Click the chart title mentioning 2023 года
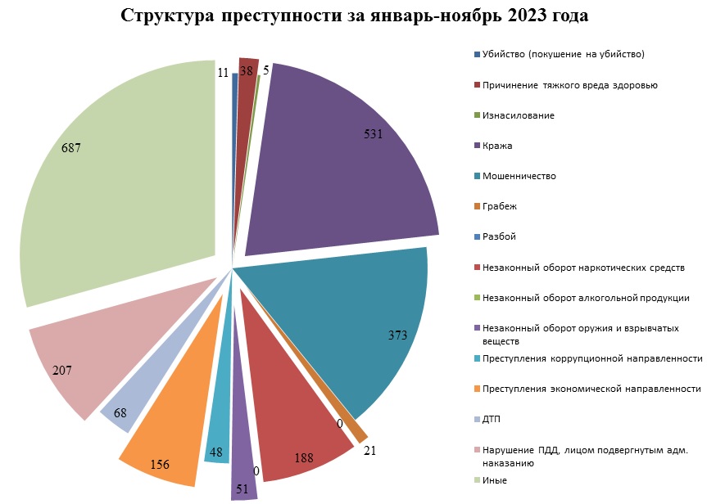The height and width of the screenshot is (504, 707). click(354, 16)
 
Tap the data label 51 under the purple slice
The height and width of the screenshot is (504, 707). click(243, 489)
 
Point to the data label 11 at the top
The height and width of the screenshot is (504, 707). click(223, 72)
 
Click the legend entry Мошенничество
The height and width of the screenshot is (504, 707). click(519, 176)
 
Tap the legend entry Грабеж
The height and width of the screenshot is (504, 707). click(500, 206)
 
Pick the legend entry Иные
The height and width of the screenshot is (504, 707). click(495, 479)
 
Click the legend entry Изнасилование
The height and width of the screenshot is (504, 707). click(519, 115)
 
